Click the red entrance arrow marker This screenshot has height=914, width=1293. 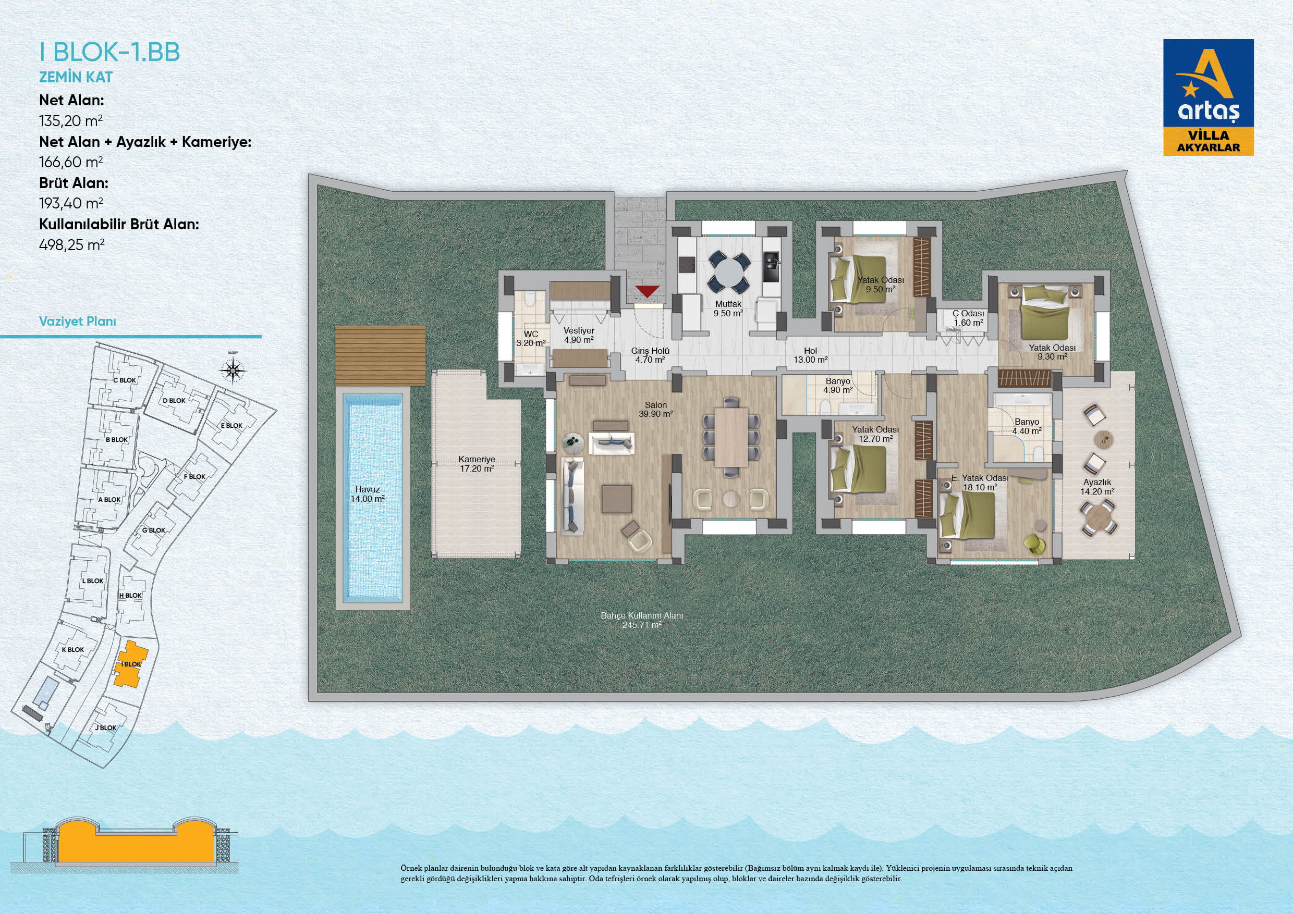647,291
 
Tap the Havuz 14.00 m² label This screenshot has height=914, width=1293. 367,494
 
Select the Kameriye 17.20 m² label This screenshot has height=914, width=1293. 477,464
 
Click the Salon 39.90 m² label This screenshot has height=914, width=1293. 655,409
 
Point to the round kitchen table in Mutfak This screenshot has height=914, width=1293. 729,271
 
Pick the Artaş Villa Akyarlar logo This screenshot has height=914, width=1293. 1209,97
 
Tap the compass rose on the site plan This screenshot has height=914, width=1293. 233,370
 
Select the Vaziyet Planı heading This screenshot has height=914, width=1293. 77,322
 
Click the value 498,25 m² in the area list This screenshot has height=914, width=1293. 71,245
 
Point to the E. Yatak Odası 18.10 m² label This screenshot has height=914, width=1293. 980,483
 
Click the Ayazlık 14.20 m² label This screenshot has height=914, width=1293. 1097,487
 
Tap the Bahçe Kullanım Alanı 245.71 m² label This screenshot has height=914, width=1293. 641,620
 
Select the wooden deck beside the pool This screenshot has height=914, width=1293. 380,355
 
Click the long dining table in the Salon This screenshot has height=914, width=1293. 731,437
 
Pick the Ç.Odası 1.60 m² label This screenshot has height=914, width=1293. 968,318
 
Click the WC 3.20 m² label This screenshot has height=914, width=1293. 531,338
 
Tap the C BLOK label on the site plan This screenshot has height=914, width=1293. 125,380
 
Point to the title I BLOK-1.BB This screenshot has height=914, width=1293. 110,52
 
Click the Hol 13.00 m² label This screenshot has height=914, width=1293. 810,355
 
